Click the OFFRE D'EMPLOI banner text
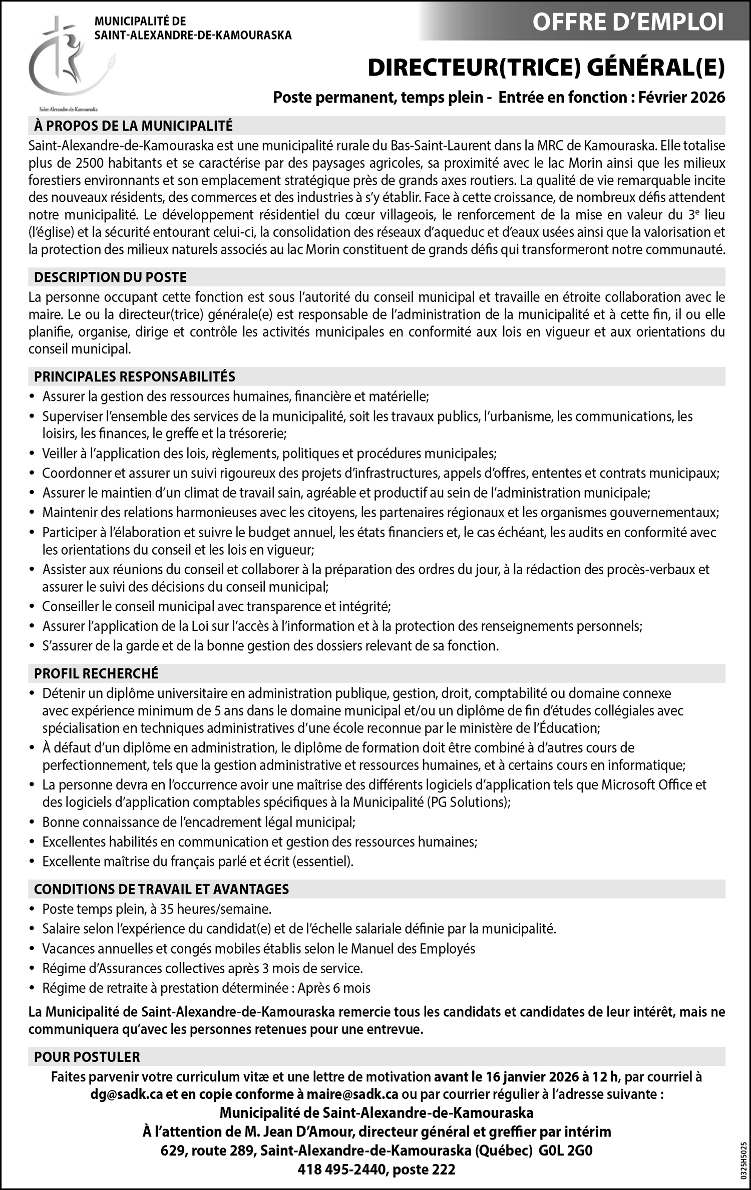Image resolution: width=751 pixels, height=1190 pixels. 628,23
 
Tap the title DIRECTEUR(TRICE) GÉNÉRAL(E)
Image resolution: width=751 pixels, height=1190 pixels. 546,69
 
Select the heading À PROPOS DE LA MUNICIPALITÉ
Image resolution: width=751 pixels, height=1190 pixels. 133,126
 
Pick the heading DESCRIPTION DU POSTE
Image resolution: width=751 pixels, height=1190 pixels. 110,277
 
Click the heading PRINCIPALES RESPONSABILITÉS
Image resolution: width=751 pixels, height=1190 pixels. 134,376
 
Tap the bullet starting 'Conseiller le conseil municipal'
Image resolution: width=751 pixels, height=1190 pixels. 216,606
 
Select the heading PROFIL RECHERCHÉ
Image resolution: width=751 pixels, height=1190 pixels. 96,673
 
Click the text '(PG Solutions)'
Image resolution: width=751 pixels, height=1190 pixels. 469,802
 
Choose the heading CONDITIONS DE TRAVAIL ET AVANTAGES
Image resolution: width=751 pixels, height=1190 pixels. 161,889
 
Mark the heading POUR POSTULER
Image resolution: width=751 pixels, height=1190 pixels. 87,1057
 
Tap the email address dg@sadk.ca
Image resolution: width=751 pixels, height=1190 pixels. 127,1094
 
